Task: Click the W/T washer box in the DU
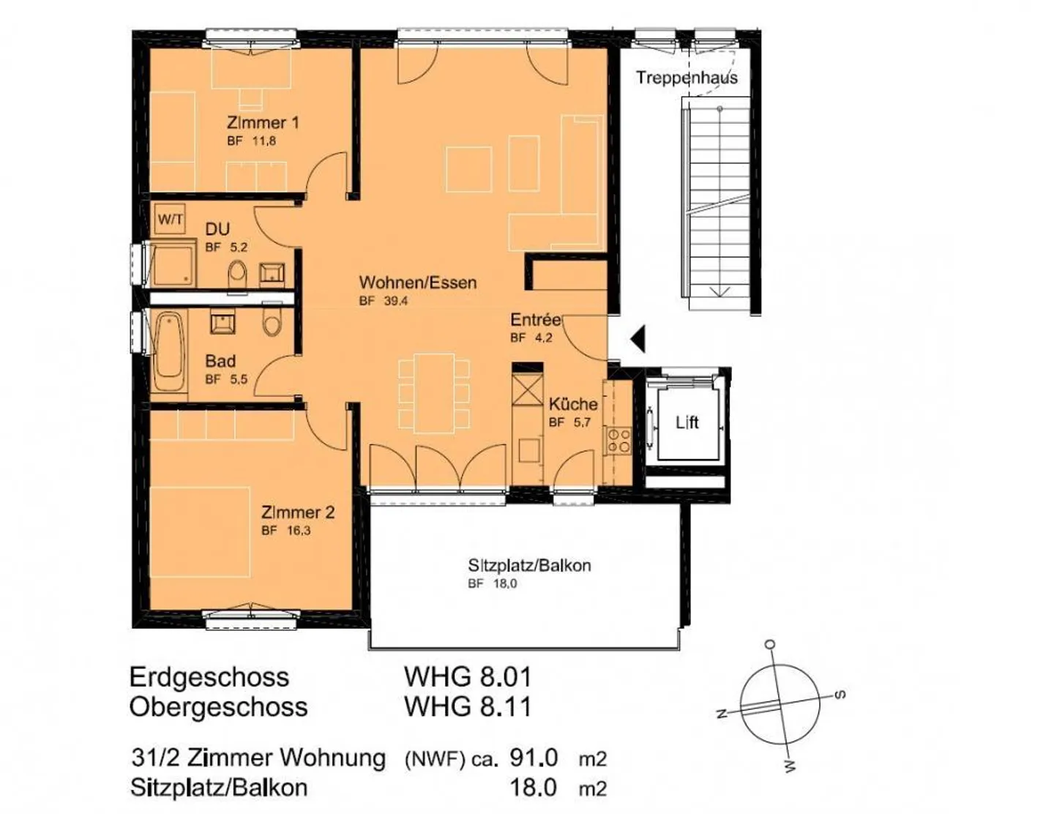point(171,220)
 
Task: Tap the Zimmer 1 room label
point(263,122)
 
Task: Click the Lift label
point(687,422)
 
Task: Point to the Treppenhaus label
point(687,78)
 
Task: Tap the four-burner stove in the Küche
point(618,441)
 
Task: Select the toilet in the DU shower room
point(238,275)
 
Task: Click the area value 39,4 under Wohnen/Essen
point(396,301)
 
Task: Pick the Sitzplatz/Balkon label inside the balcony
point(529,565)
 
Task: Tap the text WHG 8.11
point(468,706)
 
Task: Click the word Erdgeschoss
point(209,676)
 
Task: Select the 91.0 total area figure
point(534,757)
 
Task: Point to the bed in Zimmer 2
point(200,531)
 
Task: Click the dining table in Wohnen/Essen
point(433,393)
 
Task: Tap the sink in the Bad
point(223,321)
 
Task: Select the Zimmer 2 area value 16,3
point(299,531)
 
